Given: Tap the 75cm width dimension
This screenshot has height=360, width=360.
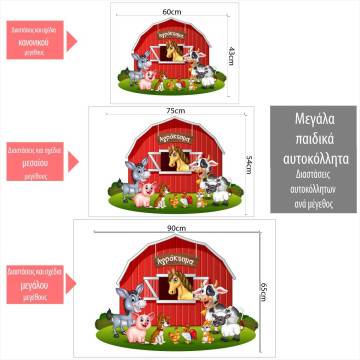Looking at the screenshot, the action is pos(176,110).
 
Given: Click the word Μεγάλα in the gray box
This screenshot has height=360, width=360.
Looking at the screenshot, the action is pos(311,120).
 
